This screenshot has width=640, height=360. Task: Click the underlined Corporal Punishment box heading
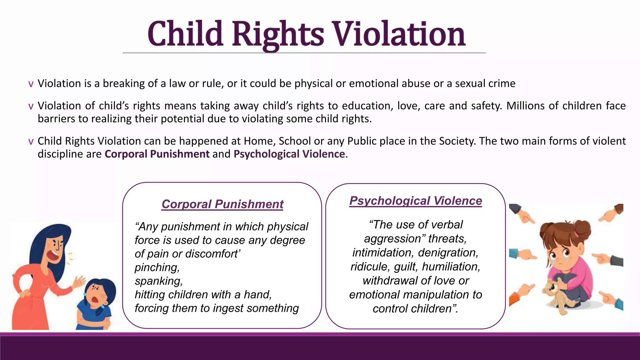(x=222, y=204)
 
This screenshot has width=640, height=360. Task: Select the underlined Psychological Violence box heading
(x=416, y=201)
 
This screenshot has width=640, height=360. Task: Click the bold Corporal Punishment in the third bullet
(x=157, y=154)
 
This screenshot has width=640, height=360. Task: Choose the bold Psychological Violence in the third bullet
(x=289, y=154)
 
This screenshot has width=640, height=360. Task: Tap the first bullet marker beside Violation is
(x=31, y=84)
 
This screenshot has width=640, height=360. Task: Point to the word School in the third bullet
(x=295, y=141)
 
